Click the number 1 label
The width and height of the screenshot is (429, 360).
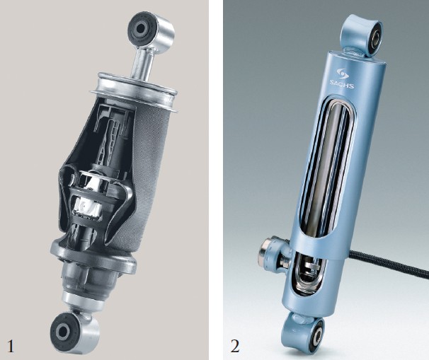pyautogui.click(x=10, y=346)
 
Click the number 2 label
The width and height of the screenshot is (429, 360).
pyautogui.click(x=235, y=346)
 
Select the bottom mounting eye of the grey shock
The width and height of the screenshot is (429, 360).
pyautogui.click(x=74, y=330)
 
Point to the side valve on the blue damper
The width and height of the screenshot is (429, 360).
pyautogui.click(x=273, y=252)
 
